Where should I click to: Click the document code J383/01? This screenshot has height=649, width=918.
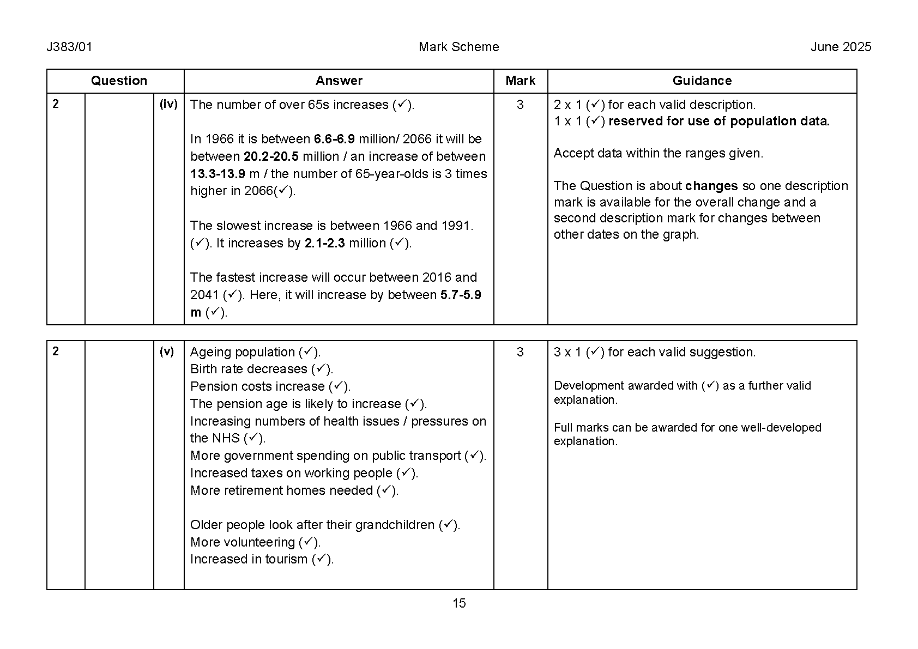coord(69,47)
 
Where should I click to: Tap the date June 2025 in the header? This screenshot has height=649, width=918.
coord(841,47)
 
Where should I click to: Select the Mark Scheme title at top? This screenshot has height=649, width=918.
coord(458,47)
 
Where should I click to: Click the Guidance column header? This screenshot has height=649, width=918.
coord(702,81)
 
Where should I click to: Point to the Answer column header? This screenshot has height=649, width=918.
coord(339,81)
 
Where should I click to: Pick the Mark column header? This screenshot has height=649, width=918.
coord(520,81)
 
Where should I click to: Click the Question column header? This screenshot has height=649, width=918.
coord(119,81)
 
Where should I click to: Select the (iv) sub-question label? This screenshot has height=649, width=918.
coord(168,104)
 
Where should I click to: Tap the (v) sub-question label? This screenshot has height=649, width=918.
coord(167,351)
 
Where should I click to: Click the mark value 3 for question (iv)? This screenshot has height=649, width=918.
coord(520,105)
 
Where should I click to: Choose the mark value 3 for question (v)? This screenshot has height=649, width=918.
coord(520,352)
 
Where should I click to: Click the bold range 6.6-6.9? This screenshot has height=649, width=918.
coord(334,139)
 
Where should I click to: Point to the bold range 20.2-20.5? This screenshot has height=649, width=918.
coord(271,156)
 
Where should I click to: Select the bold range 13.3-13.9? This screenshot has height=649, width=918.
coord(218,174)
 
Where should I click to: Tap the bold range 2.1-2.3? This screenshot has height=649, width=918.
coord(324,243)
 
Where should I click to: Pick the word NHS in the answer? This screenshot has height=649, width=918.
coord(226,438)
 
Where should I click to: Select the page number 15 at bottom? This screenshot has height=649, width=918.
coord(459,603)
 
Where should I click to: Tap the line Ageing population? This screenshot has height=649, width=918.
coord(243,352)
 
